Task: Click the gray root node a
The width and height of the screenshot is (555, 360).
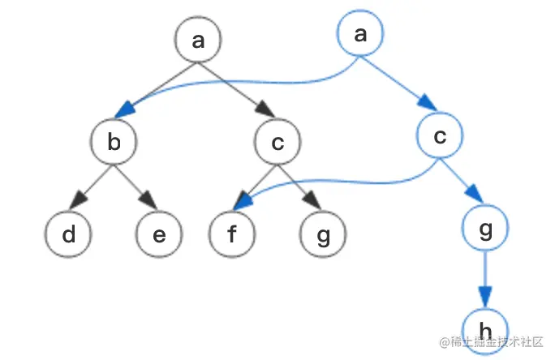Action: (198, 40)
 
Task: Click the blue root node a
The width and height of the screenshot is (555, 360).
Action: (359, 33)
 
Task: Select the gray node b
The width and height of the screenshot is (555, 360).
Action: (114, 143)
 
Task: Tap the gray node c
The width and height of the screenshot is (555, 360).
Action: (277, 143)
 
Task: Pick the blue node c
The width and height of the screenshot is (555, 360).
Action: (440, 136)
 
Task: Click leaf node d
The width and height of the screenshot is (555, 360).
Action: (69, 234)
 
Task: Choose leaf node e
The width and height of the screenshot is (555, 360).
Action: (159, 234)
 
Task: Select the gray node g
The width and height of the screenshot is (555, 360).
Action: (323, 234)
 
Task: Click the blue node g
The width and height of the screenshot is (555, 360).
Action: (485, 229)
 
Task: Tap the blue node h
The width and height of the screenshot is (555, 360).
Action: (485, 330)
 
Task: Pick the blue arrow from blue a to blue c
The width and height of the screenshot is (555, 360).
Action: (399, 84)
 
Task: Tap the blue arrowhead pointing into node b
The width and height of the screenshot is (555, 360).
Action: (126, 108)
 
